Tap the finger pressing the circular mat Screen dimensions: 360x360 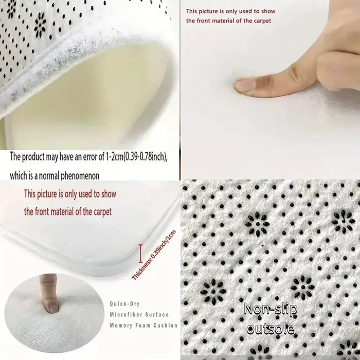click(49, 293)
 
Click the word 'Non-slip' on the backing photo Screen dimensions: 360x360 click(271, 309)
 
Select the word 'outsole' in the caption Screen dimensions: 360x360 click(271, 329)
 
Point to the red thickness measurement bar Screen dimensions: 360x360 click(140, 253)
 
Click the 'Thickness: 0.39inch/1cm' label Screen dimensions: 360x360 click(154, 255)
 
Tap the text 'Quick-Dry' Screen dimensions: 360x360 click(124, 304)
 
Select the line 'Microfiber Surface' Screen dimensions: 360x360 click(139, 315)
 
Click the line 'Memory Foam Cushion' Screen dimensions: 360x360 click(143, 326)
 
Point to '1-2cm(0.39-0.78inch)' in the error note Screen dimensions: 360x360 click(136, 157)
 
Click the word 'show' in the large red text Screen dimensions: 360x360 click(109, 194)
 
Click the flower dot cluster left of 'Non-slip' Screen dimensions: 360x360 click(213, 292)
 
